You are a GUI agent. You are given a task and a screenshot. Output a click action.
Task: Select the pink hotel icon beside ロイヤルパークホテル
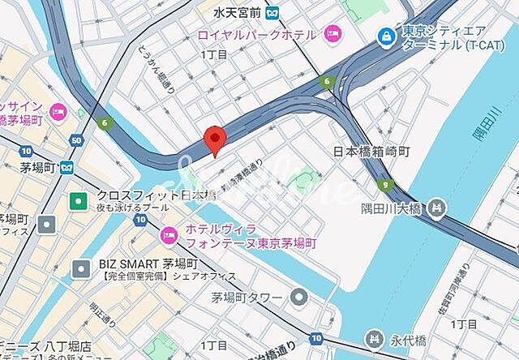332,34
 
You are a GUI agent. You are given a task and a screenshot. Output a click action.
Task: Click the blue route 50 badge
76,142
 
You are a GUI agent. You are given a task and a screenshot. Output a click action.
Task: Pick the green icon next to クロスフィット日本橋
79,199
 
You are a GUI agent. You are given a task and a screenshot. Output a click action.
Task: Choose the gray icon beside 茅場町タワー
299,297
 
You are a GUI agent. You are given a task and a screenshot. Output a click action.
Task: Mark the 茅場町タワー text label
247,297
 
